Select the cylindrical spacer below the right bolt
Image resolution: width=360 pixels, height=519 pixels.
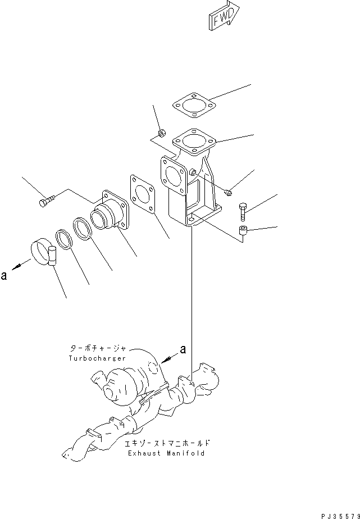pyautogui.click(x=243, y=231)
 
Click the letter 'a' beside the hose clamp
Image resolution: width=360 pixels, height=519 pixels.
pyautogui.click(x=4, y=275)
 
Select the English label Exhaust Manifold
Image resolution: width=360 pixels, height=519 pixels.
pyautogui.click(x=166, y=453)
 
